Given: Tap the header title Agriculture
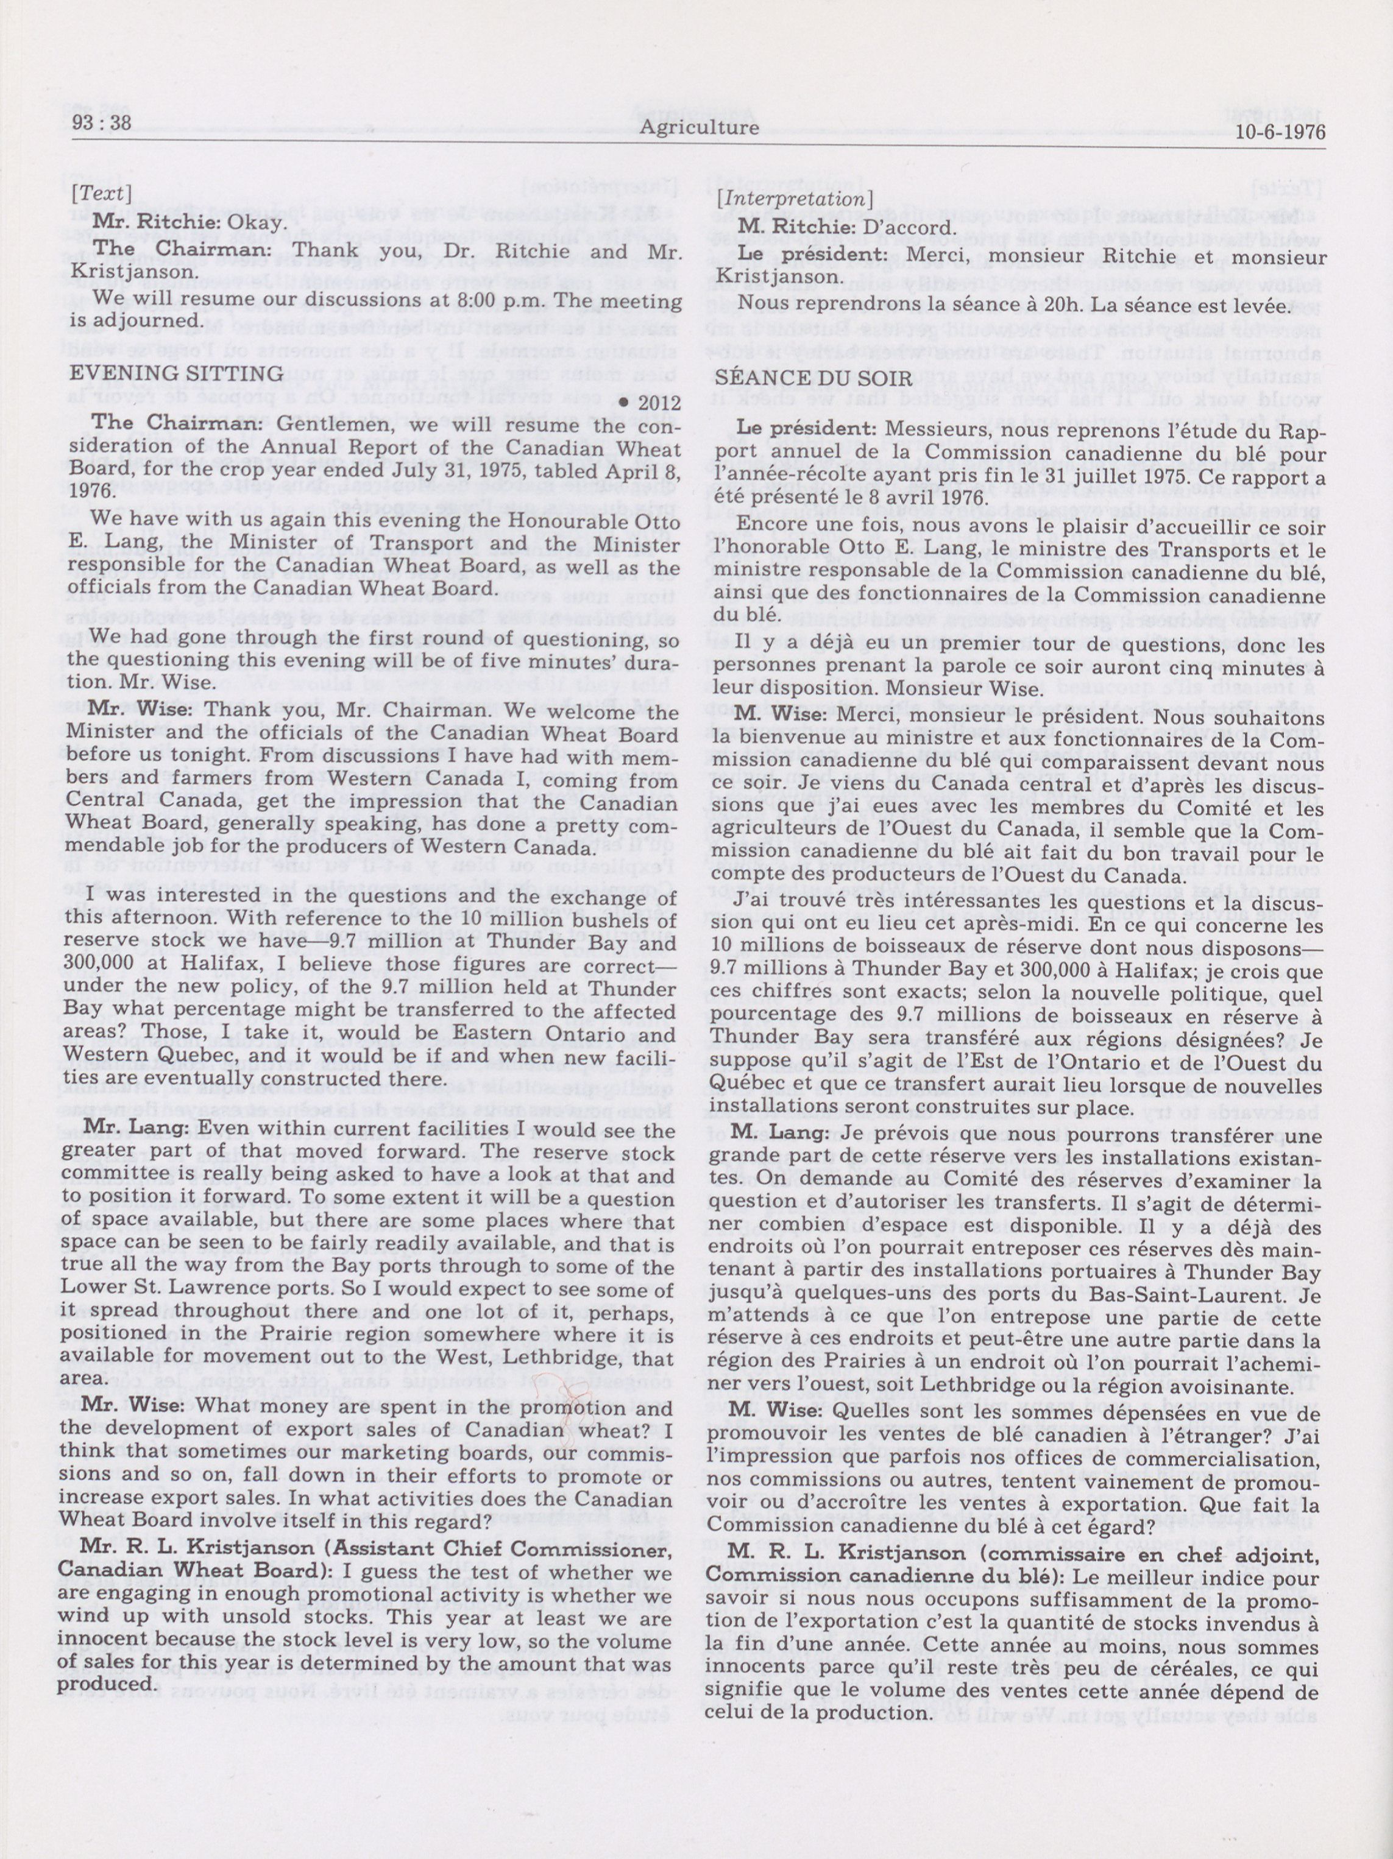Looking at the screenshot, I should [698, 129].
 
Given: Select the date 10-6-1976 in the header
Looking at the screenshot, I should [1280, 132].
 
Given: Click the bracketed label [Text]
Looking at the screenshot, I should [101, 193].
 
